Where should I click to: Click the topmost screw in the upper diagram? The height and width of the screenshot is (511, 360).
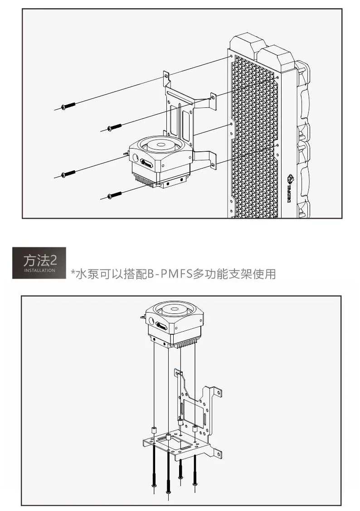pyautogui.click(x=68, y=106)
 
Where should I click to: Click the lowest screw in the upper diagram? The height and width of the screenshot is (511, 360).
pyautogui.click(x=114, y=195)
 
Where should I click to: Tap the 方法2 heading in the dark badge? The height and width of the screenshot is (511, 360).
pyautogui.click(x=39, y=260)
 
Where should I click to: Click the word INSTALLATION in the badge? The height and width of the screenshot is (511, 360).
pyautogui.click(x=39, y=270)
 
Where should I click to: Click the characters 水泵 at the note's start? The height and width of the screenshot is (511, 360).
pyautogui.click(x=87, y=274)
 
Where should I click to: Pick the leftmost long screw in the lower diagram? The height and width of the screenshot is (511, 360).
pyautogui.click(x=155, y=467)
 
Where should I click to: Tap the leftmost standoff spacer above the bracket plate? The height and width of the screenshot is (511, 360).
pyautogui.click(x=153, y=430)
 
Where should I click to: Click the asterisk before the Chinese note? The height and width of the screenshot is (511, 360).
pyautogui.click(x=72, y=273)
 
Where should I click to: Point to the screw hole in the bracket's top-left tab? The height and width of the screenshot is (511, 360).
pyautogui.click(x=166, y=75)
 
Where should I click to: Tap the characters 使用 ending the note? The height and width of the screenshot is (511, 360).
pyautogui.click(x=265, y=274)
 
